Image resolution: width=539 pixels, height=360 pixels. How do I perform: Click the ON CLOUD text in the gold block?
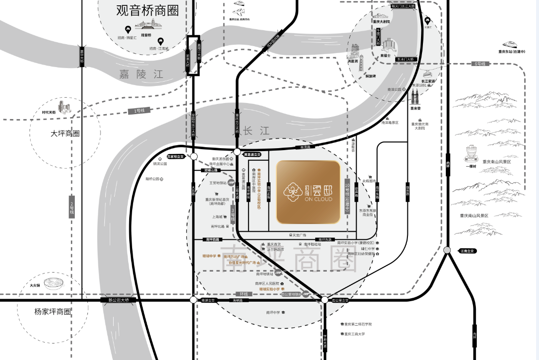pyautogui.click(x=319, y=199)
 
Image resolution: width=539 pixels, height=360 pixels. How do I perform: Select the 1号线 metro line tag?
pyautogui.click(x=139, y=111)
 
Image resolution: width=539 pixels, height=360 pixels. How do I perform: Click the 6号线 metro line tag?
pyautogui.click(x=480, y=64)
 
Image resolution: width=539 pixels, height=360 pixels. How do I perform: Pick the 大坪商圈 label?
pyautogui.click(x=65, y=133)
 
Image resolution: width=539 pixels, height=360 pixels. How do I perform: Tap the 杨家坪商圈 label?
pyautogui.click(x=53, y=311)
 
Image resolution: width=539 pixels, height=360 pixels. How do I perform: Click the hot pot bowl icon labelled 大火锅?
pyautogui.click(x=53, y=283)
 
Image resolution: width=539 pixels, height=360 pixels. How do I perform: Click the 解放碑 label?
pyautogui.click(x=371, y=76)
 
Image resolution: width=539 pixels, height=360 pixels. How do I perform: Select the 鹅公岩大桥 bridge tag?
pyautogui.click(x=115, y=300)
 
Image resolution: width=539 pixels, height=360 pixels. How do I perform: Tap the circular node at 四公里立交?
pyautogui.click(x=324, y=300)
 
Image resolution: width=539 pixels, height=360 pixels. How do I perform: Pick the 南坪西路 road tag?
pyautogui.click(x=213, y=240)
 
